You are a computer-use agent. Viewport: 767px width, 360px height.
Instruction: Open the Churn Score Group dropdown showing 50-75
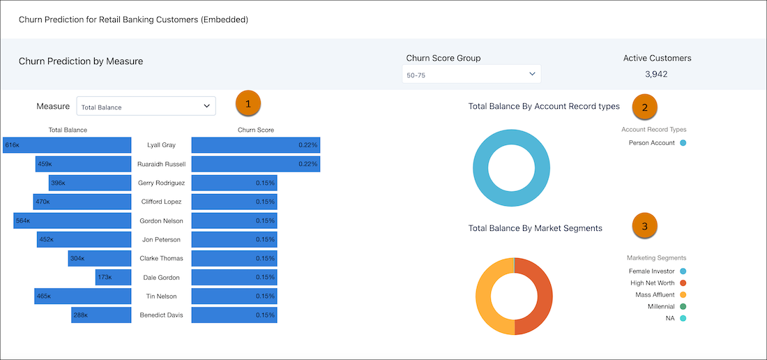pos(471,74)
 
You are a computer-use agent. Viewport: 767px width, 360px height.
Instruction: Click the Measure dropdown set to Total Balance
pos(146,107)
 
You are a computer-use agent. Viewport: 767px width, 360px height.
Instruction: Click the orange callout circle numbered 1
pos(248,103)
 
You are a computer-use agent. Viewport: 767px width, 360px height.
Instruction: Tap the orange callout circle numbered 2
pos(644,107)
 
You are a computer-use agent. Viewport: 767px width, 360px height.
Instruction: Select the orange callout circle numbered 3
pos(644,226)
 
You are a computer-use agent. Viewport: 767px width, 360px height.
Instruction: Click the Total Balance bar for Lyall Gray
pos(67,145)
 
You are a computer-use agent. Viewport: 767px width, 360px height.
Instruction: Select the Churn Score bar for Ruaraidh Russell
pos(256,164)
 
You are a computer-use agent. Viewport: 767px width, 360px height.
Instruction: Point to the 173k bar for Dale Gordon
pos(113,278)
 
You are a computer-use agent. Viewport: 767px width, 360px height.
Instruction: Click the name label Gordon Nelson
pos(161,221)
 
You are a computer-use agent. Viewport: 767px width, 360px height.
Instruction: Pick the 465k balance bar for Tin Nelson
pos(82,297)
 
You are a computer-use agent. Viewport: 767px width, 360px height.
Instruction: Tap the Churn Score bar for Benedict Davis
pos(234,315)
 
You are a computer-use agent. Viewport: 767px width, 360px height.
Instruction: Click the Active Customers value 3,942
pos(656,74)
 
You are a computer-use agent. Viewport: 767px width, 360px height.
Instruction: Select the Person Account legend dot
pos(683,143)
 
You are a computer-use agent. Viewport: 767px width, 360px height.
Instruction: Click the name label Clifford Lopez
pos(161,202)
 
